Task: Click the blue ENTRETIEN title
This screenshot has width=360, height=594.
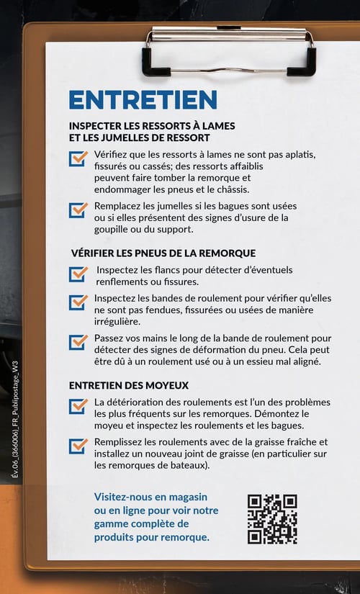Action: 143,99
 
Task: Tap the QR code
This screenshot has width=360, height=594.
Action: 272,518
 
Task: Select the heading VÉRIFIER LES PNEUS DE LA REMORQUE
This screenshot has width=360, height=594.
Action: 163,253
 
